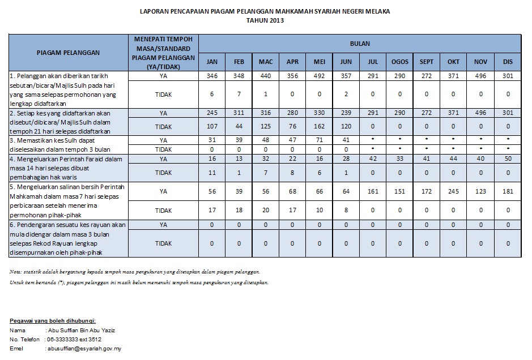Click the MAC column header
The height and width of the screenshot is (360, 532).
click(x=265, y=61)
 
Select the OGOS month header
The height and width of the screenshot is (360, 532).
click(x=400, y=61)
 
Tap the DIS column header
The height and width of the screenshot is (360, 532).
click(x=508, y=61)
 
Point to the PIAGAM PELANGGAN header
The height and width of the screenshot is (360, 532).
click(x=68, y=52)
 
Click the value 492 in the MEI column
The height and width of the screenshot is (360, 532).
click(x=320, y=75)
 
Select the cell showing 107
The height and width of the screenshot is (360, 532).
click(x=212, y=127)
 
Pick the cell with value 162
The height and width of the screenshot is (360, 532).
click(x=320, y=127)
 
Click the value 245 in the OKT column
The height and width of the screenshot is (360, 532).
click(x=453, y=191)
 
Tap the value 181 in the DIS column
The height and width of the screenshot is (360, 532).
click(x=508, y=191)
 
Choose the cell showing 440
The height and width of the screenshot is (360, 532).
click(x=265, y=75)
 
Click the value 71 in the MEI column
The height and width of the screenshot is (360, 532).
click(x=320, y=140)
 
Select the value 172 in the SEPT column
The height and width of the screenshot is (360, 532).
click(x=427, y=191)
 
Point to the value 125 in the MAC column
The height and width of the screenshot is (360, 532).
click(x=265, y=127)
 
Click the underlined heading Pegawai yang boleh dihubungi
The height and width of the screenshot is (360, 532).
click(x=53, y=320)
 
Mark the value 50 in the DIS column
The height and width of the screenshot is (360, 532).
click(x=508, y=160)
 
